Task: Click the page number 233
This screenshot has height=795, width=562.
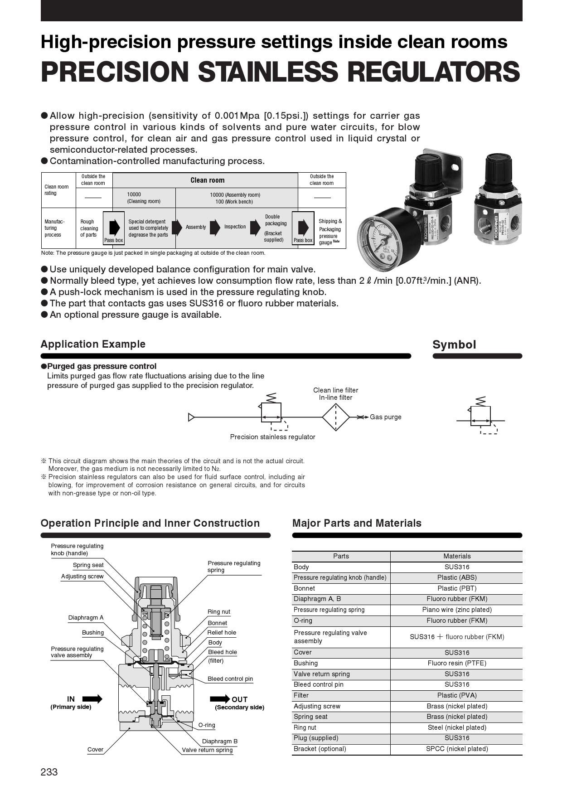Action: pyautogui.click(x=49, y=772)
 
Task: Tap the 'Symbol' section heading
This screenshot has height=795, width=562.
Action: pyautogui.click(x=454, y=345)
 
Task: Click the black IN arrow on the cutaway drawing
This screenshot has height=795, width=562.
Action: pyautogui.click(x=92, y=699)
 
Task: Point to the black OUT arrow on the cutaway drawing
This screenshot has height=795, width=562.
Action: pyautogui.click(x=220, y=699)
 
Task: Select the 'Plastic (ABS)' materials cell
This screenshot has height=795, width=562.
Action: pyautogui.click(x=456, y=577)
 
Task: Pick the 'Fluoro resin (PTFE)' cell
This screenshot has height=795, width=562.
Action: pyautogui.click(x=456, y=663)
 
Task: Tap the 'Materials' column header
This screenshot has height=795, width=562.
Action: pyautogui.click(x=456, y=556)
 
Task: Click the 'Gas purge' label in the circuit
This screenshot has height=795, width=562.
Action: pyautogui.click(x=385, y=417)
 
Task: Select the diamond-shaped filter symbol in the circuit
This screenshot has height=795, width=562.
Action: pyautogui.click(x=335, y=417)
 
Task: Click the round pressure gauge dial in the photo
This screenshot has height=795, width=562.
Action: pyautogui.click(x=383, y=238)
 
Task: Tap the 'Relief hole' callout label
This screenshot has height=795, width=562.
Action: pyautogui.click(x=222, y=633)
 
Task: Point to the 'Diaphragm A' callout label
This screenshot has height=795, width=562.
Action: pyautogui.click(x=86, y=618)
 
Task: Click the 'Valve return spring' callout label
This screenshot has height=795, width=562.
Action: pyautogui.click(x=207, y=750)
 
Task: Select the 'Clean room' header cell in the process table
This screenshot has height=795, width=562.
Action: pyautogui.click(x=207, y=180)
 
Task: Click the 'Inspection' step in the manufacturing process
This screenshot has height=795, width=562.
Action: pyautogui.click(x=235, y=227)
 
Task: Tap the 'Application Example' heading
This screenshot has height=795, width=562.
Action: pyautogui.click(x=93, y=344)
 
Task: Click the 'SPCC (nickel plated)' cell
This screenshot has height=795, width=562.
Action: pyautogui.click(x=456, y=749)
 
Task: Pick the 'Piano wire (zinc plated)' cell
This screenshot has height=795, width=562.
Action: pyautogui.click(x=456, y=610)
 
